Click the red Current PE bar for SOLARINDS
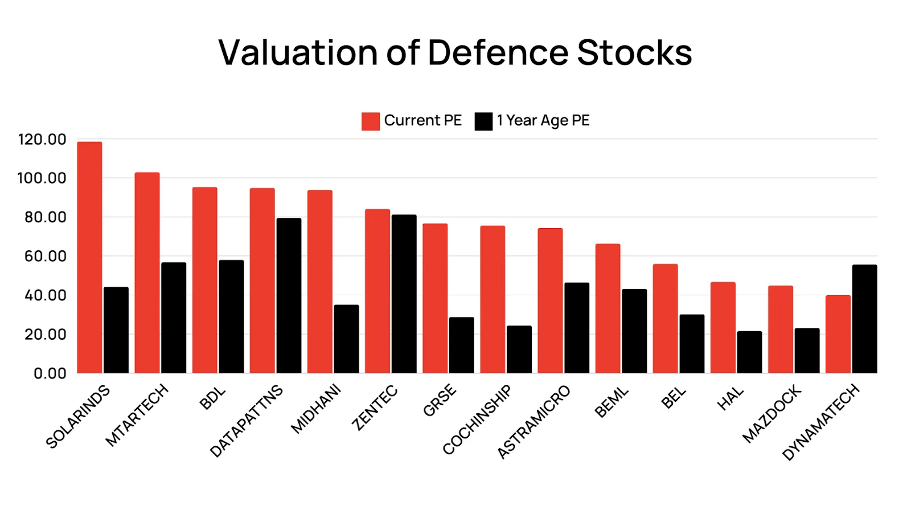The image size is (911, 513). [89, 257]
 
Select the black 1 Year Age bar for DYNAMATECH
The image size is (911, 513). [864, 319]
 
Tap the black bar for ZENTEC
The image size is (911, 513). [404, 294]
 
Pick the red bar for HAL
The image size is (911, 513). [723, 327]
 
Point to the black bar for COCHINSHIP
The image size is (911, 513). [519, 349]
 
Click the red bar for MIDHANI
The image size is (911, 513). [319, 282]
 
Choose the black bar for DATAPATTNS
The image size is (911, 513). [289, 295]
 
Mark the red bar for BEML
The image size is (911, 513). [608, 308]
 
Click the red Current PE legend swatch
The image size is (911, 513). [370, 121]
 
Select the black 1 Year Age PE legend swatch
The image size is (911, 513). [483, 121]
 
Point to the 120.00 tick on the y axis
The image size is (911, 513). [42, 140]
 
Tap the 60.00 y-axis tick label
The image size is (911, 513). [45, 256]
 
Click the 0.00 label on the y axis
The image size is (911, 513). [50, 373]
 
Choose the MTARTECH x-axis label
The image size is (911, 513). [137, 414]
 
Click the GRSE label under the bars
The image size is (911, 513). [440, 400]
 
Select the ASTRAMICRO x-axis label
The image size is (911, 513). [534, 422]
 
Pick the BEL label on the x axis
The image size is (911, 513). [674, 398]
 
